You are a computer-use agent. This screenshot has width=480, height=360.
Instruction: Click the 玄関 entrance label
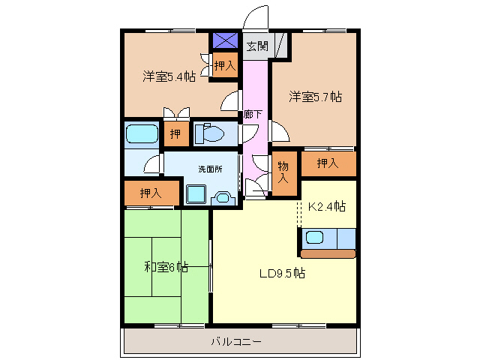256,45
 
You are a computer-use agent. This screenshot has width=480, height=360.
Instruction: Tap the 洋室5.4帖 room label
169,76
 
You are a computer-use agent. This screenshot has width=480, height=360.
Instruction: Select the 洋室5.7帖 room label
316,96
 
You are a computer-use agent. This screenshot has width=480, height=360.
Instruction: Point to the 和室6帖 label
166,266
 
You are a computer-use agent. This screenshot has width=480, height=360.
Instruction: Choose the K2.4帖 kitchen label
327,205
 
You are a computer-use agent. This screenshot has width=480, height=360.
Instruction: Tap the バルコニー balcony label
235,341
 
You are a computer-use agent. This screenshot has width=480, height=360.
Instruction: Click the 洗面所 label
210,169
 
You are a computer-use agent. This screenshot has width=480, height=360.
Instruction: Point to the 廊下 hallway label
253,115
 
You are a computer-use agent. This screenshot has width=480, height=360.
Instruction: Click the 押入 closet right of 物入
328,163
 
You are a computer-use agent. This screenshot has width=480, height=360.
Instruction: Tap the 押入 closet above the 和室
151,193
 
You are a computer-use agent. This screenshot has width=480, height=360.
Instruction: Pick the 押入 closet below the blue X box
224,67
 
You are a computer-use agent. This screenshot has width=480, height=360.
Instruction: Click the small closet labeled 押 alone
175,134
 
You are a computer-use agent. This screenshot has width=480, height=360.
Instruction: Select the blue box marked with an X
224,40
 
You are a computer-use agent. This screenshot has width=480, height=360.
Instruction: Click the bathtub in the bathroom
142,135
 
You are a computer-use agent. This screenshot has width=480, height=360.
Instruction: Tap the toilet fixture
211,134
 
